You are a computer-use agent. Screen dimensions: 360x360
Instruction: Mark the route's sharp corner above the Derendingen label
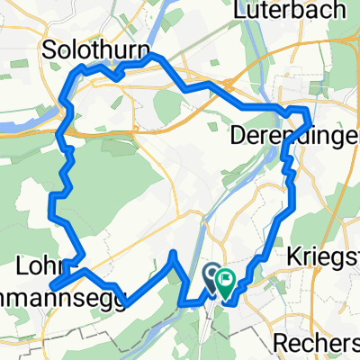point(309,109)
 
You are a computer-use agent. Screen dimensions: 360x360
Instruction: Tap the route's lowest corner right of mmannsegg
point(122,304)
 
